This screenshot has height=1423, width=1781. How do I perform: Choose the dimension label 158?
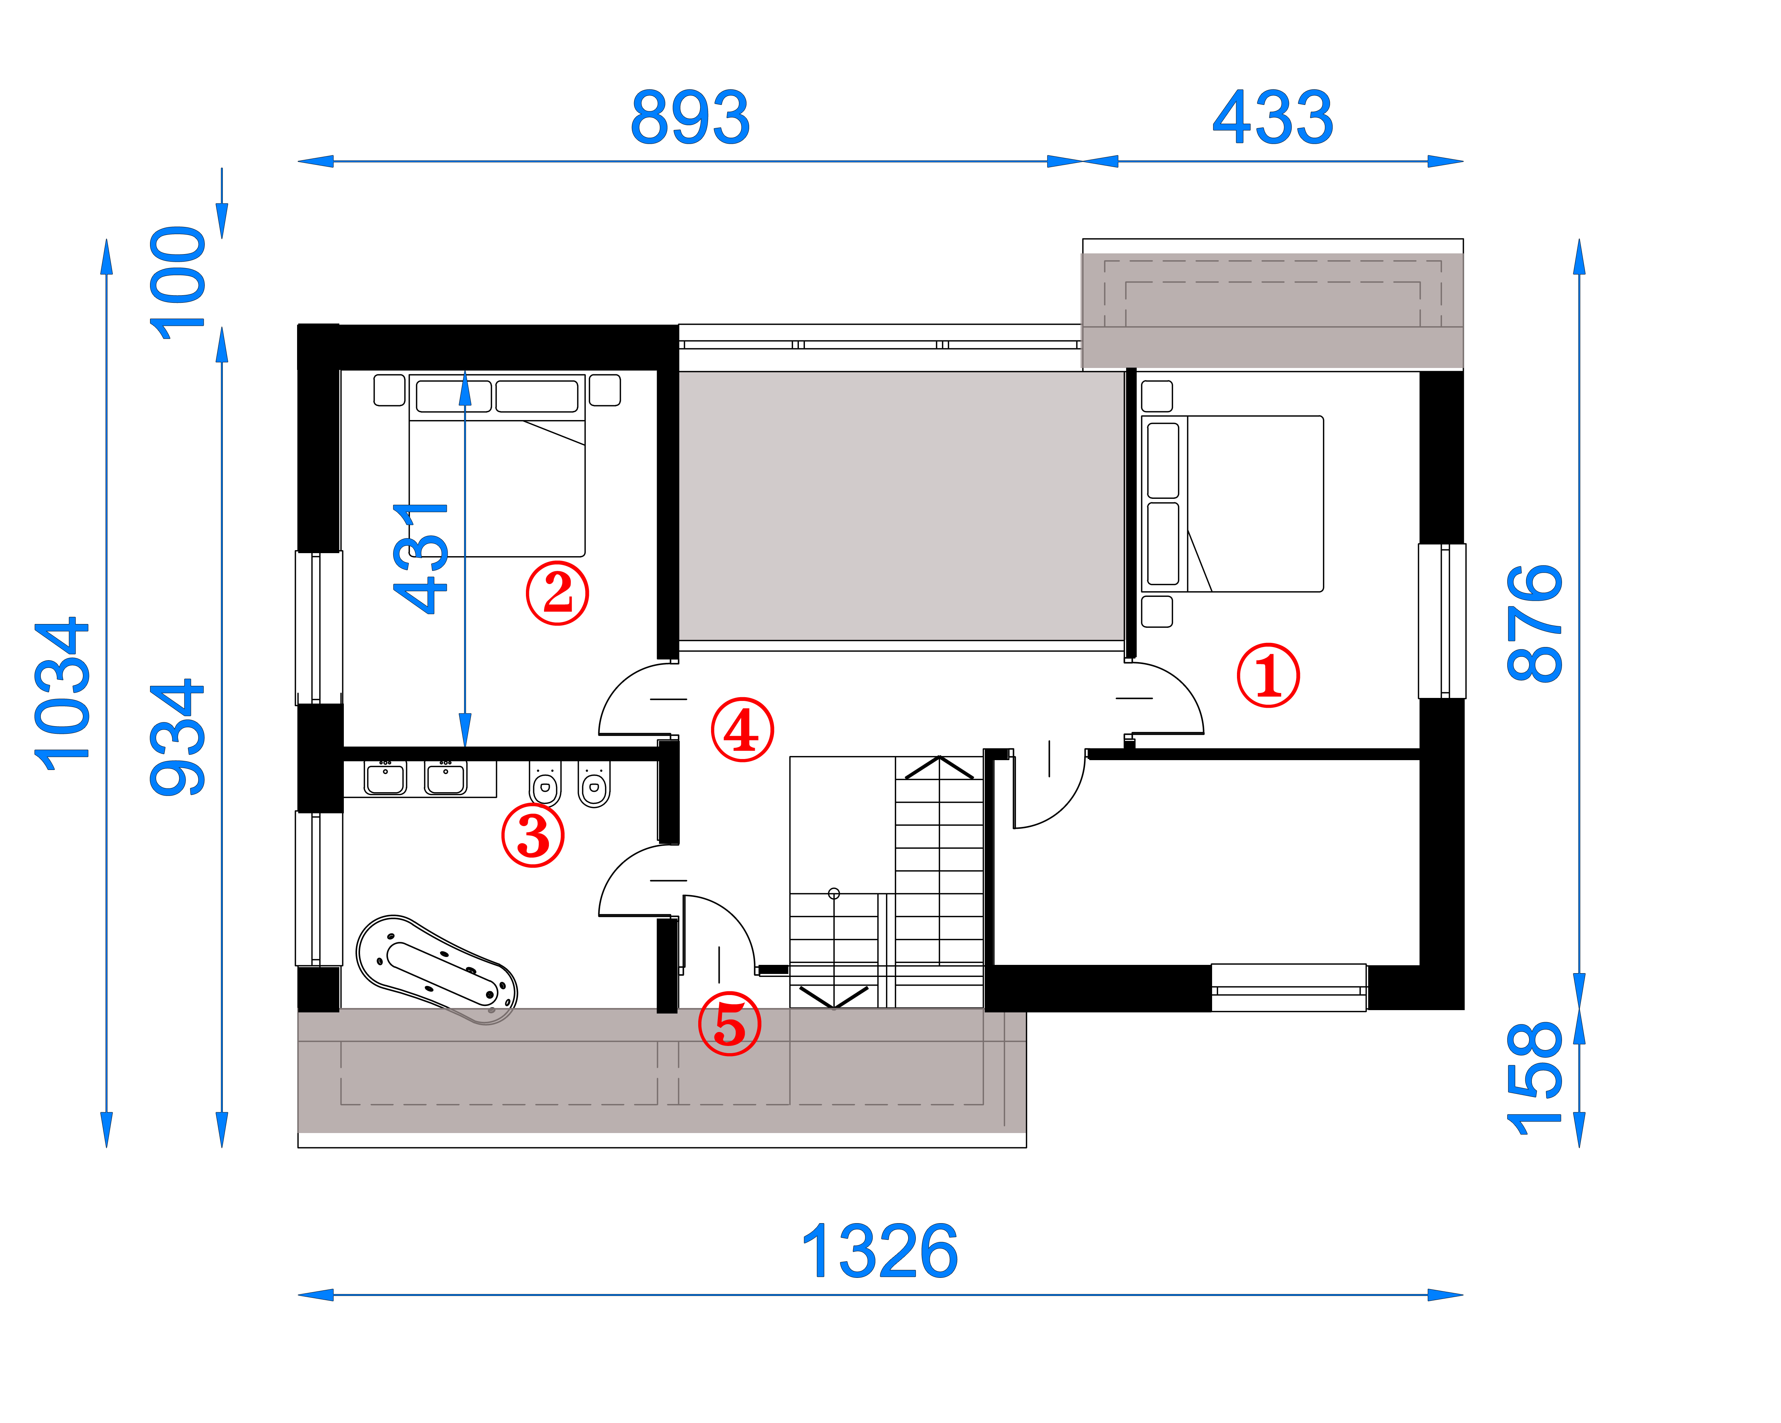(x=1535, y=1078)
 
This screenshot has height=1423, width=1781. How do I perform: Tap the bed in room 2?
(x=497, y=465)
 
